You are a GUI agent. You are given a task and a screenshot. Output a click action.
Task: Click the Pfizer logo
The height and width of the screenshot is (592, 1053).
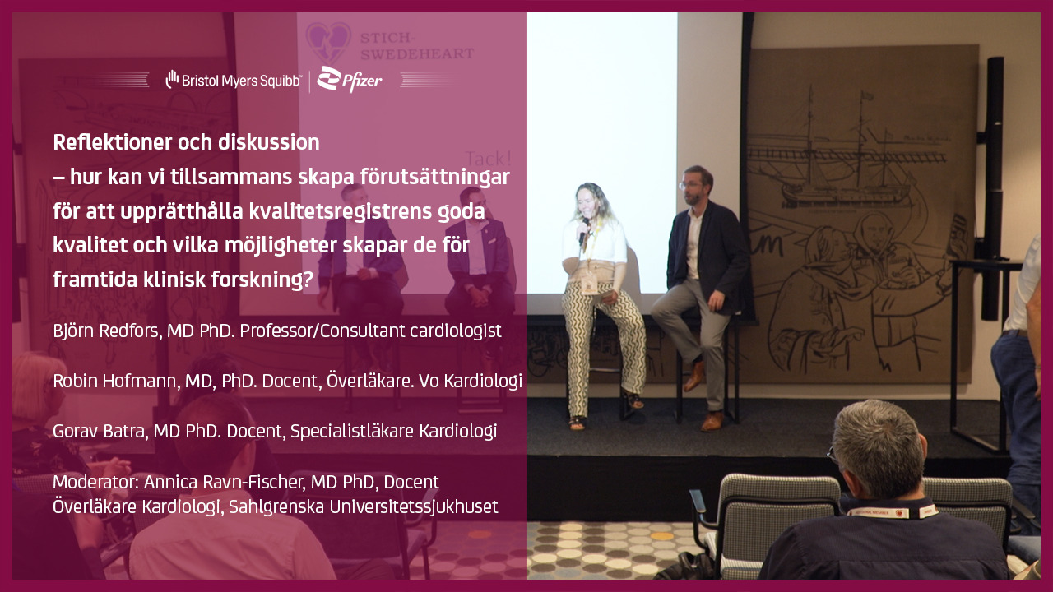(350, 79)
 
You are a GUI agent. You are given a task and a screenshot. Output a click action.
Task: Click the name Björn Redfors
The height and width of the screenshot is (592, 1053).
(107, 331)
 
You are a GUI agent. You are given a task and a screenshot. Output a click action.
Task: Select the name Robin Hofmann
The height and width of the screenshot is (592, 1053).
(116, 381)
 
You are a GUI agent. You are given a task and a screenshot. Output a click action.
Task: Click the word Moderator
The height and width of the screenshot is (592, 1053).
(95, 482)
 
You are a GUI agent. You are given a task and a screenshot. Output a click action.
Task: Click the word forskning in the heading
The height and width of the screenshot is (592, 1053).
(262, 280)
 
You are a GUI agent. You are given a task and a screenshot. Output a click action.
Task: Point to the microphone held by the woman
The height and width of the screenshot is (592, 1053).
(584, 230)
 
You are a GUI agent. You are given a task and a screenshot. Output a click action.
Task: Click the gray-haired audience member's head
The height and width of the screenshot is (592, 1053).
(878, 449)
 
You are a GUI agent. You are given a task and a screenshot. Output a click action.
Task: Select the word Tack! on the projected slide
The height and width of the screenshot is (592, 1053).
(488, 159)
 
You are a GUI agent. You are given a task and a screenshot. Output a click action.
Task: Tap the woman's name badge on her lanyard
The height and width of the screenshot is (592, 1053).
(588, 284)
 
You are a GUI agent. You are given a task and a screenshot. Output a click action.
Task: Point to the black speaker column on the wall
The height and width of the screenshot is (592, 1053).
(995, 188)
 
